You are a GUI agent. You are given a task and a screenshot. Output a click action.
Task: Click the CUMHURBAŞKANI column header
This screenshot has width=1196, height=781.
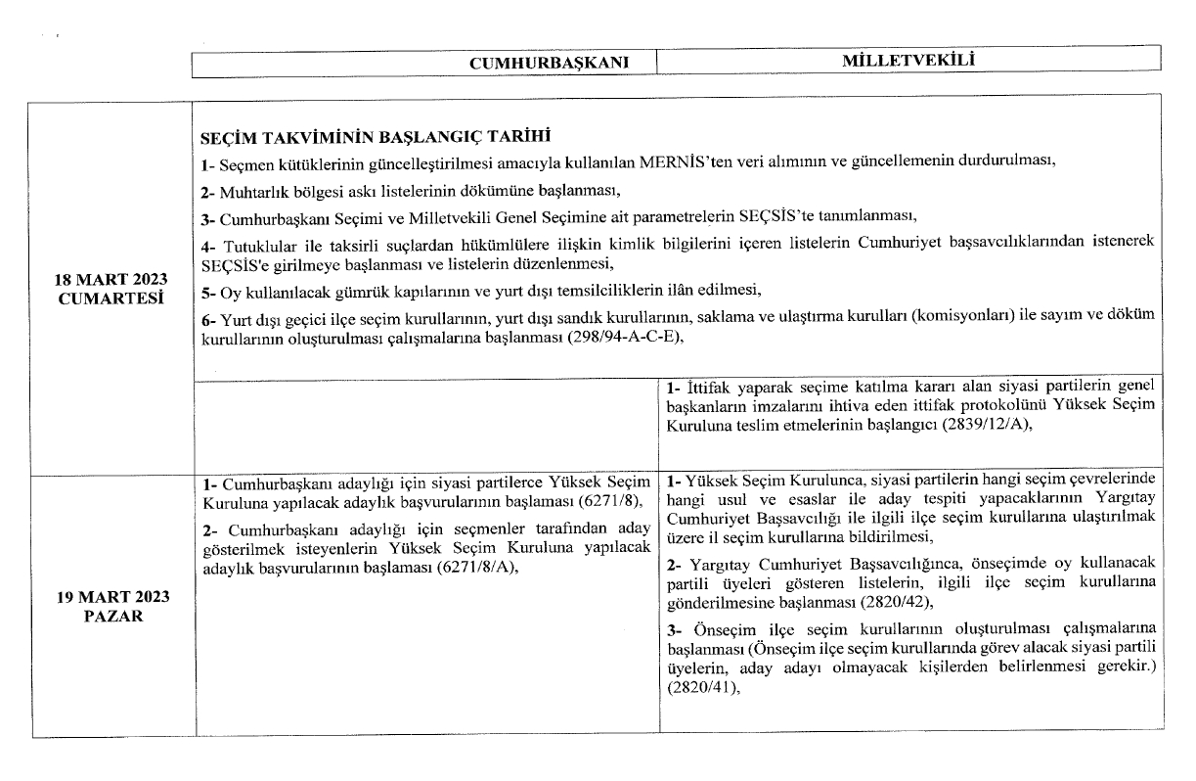click(561, 63)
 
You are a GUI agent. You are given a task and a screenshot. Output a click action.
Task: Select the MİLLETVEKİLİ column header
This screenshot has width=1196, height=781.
click(910, 61)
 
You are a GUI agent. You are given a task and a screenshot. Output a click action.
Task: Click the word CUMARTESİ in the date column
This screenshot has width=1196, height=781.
click(111, 298)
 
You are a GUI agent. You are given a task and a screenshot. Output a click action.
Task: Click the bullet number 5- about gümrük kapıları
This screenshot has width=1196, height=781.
click(206, 292)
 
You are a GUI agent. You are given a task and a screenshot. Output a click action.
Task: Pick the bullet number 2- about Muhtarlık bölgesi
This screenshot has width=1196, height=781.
click(206, 189)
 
